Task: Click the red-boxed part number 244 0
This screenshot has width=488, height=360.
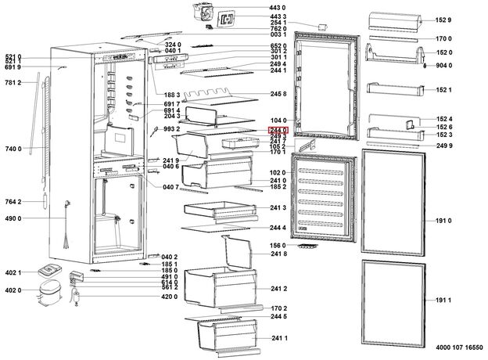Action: tap(278, 129)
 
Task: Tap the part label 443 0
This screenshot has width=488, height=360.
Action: tap(278, 8)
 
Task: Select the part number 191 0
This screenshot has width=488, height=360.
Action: tap(444, 221)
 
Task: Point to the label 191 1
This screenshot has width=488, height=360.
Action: tap(444, 301)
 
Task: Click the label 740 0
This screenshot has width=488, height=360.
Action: tap(13, 148)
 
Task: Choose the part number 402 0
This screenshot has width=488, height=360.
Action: tap(13, 291)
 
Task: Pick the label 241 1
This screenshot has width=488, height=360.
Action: tap(278, 337)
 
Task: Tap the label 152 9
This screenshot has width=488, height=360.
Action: tap(444, 20)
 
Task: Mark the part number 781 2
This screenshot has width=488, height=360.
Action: tap(13, 82)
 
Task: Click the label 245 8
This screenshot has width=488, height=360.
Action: tap(278, 94)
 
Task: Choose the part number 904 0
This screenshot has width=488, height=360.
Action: tap(444, 65)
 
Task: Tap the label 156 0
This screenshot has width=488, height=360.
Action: tap(278, 245)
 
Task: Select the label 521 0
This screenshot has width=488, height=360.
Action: tap(13, 56)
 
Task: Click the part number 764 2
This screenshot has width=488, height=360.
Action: tap(13, 202)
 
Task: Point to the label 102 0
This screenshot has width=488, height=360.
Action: tap(278, 173)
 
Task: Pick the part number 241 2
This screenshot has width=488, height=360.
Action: tap(278, 289)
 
